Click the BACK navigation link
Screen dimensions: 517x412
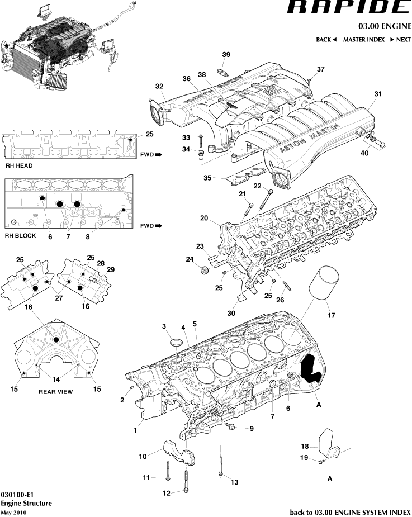click(x=326, y=40)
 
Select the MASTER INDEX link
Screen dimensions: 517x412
click(x=363, y=40)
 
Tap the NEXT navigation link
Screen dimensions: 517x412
click(x=400, y=40)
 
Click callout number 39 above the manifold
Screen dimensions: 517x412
click(x=226, y=54)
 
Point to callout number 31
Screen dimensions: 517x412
click(x=378, y=94)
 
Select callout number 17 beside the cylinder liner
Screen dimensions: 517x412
click(x=331, y=315)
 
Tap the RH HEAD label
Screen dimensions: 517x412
click(x=19, y=166)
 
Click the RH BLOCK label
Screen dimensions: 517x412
click(x=21, y=235)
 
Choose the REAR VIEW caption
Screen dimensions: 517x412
click(x=55, y=392)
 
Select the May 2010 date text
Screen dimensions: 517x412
click(x=13, y=513)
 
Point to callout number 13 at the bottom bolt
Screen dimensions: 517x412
click(x=234, y=482)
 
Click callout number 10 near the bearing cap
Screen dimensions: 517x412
click(x=143, y=456)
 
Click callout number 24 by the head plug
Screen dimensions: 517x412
click(x=190, y=259)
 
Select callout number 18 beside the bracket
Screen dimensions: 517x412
click(x=305, y=446)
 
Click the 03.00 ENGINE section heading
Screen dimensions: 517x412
click(x=385, y=26)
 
